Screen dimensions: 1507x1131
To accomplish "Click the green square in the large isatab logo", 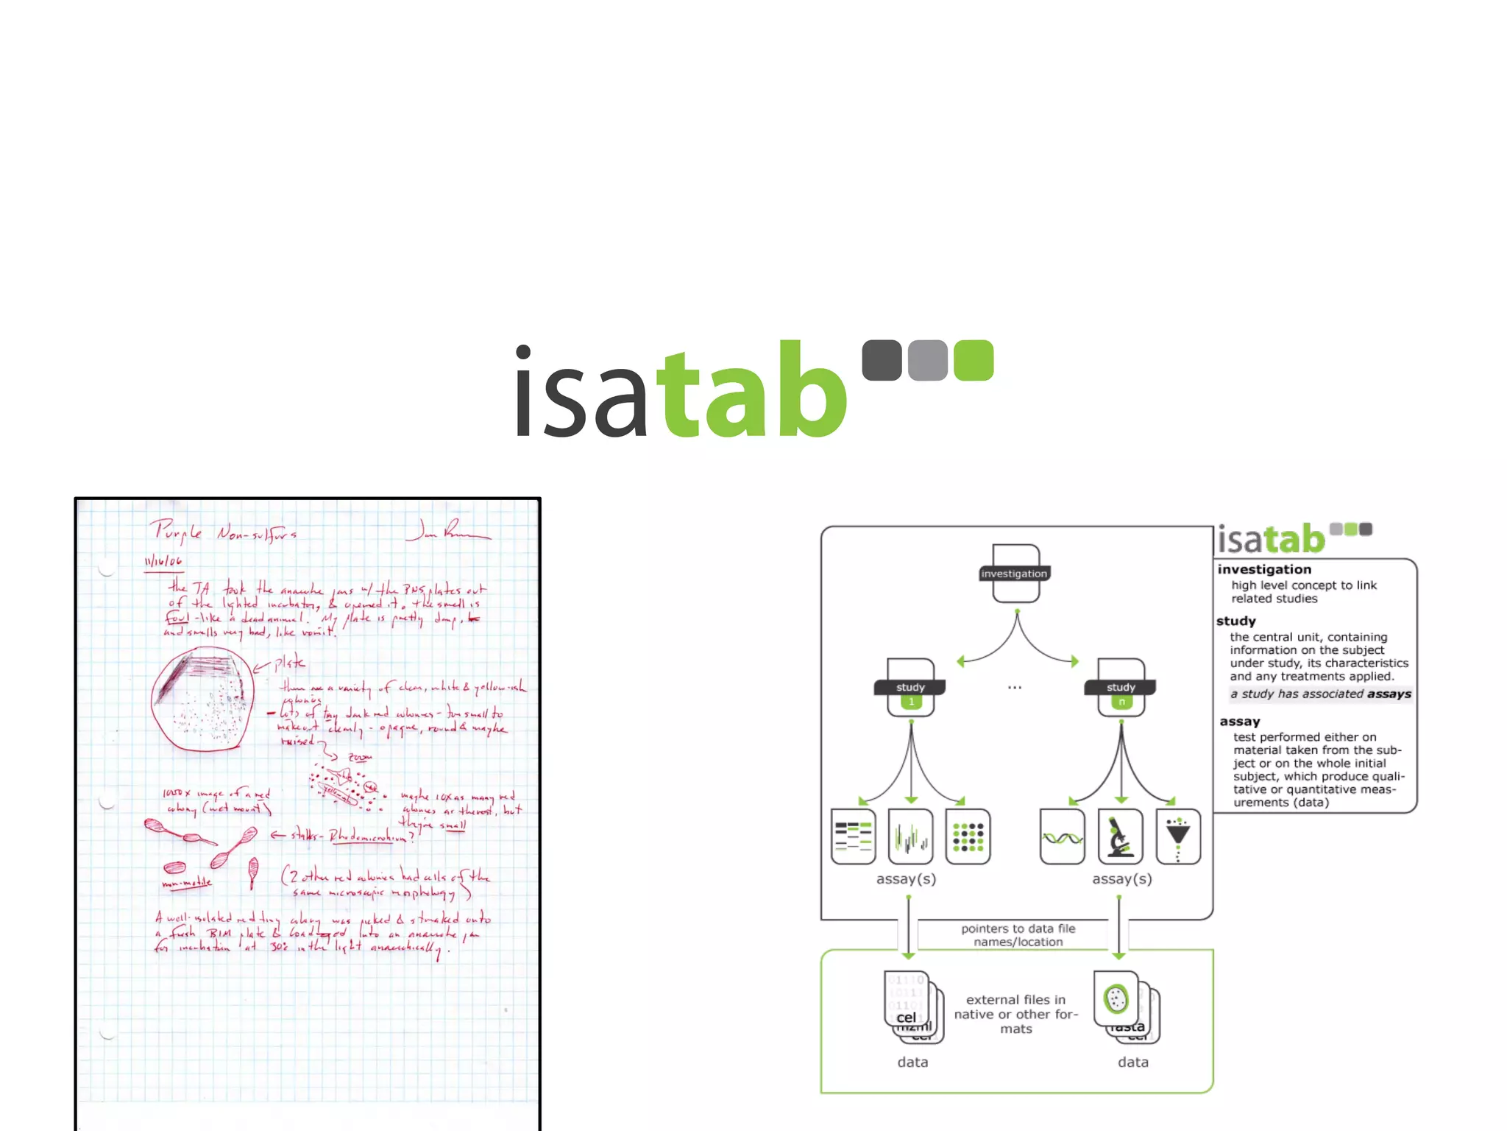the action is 973,360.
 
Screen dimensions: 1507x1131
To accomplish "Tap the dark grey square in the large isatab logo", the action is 882,360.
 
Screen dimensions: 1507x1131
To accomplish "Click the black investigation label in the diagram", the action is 1014,574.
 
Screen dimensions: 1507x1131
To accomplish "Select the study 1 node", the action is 911,688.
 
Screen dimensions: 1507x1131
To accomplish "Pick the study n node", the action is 1121,688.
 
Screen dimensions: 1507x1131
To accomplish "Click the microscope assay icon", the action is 1120,836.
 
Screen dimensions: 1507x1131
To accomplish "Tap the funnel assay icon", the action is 1178,836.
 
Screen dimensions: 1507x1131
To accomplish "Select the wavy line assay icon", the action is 1062,836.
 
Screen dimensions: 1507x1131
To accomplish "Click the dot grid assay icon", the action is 968,836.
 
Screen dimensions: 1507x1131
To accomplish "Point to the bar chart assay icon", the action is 910,836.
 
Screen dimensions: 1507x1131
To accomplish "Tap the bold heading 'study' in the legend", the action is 1236,621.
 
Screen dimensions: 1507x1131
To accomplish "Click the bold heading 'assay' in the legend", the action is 1240,722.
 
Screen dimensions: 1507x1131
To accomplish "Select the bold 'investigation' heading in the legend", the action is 1264,569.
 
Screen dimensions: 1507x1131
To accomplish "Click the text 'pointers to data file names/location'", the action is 1018,935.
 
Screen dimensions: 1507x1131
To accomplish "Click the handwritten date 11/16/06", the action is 163,562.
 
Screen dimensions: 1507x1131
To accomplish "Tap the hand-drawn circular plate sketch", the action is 203,699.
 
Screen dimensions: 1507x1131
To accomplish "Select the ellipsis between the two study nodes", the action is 1015,688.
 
